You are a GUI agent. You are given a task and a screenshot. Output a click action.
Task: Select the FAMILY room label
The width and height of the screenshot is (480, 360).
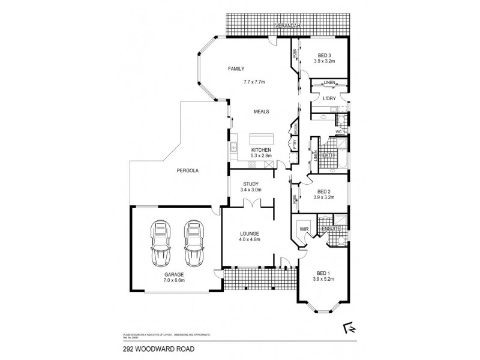coord(236,70)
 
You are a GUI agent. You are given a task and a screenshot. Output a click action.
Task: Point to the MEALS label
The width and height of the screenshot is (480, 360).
coord(261,112)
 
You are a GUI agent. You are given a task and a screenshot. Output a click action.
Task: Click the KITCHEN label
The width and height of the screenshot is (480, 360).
coord(262,149)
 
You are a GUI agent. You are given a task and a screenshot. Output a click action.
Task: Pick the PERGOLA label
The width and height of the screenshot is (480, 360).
coord(187,170)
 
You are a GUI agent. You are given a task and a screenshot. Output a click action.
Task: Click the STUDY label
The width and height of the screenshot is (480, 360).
coord(251,184)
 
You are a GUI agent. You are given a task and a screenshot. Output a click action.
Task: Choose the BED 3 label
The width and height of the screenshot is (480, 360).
coord(324,55)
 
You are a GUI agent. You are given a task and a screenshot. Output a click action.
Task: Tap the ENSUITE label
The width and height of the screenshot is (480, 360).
coord(331,229)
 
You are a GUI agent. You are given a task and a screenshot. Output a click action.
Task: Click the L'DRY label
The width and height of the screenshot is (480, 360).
coord(329,98)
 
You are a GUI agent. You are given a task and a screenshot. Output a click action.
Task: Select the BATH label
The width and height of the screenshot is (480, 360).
coord(328,155)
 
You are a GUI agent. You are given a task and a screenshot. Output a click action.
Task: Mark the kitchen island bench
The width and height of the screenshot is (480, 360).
coord(262,139)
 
